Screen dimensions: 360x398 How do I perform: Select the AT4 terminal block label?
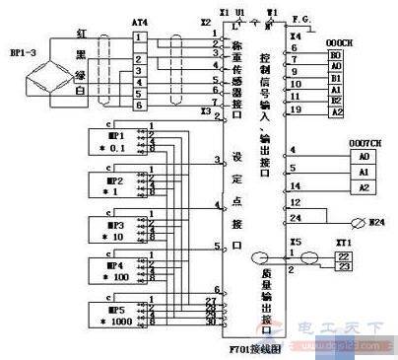click(139, 21)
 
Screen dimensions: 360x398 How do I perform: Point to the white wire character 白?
click(82, 92)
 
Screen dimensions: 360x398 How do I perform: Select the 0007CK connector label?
click(364, 144)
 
